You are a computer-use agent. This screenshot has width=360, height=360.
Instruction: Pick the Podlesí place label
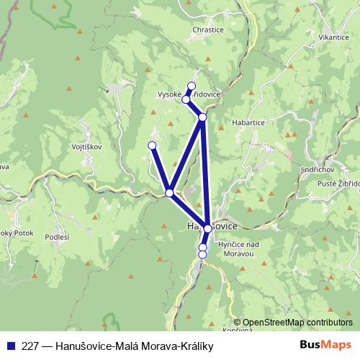(57, 237)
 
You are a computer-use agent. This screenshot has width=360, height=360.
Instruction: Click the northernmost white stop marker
(192, 86)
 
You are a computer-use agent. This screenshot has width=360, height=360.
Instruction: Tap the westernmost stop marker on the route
(152, 145)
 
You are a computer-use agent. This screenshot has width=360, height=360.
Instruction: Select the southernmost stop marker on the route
(202, 254)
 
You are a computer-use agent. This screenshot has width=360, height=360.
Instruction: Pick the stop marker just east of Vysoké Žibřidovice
(203, 117)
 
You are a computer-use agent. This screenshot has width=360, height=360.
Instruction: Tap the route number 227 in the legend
(30, 346)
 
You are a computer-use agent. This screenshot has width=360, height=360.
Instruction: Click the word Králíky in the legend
(196, 346)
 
